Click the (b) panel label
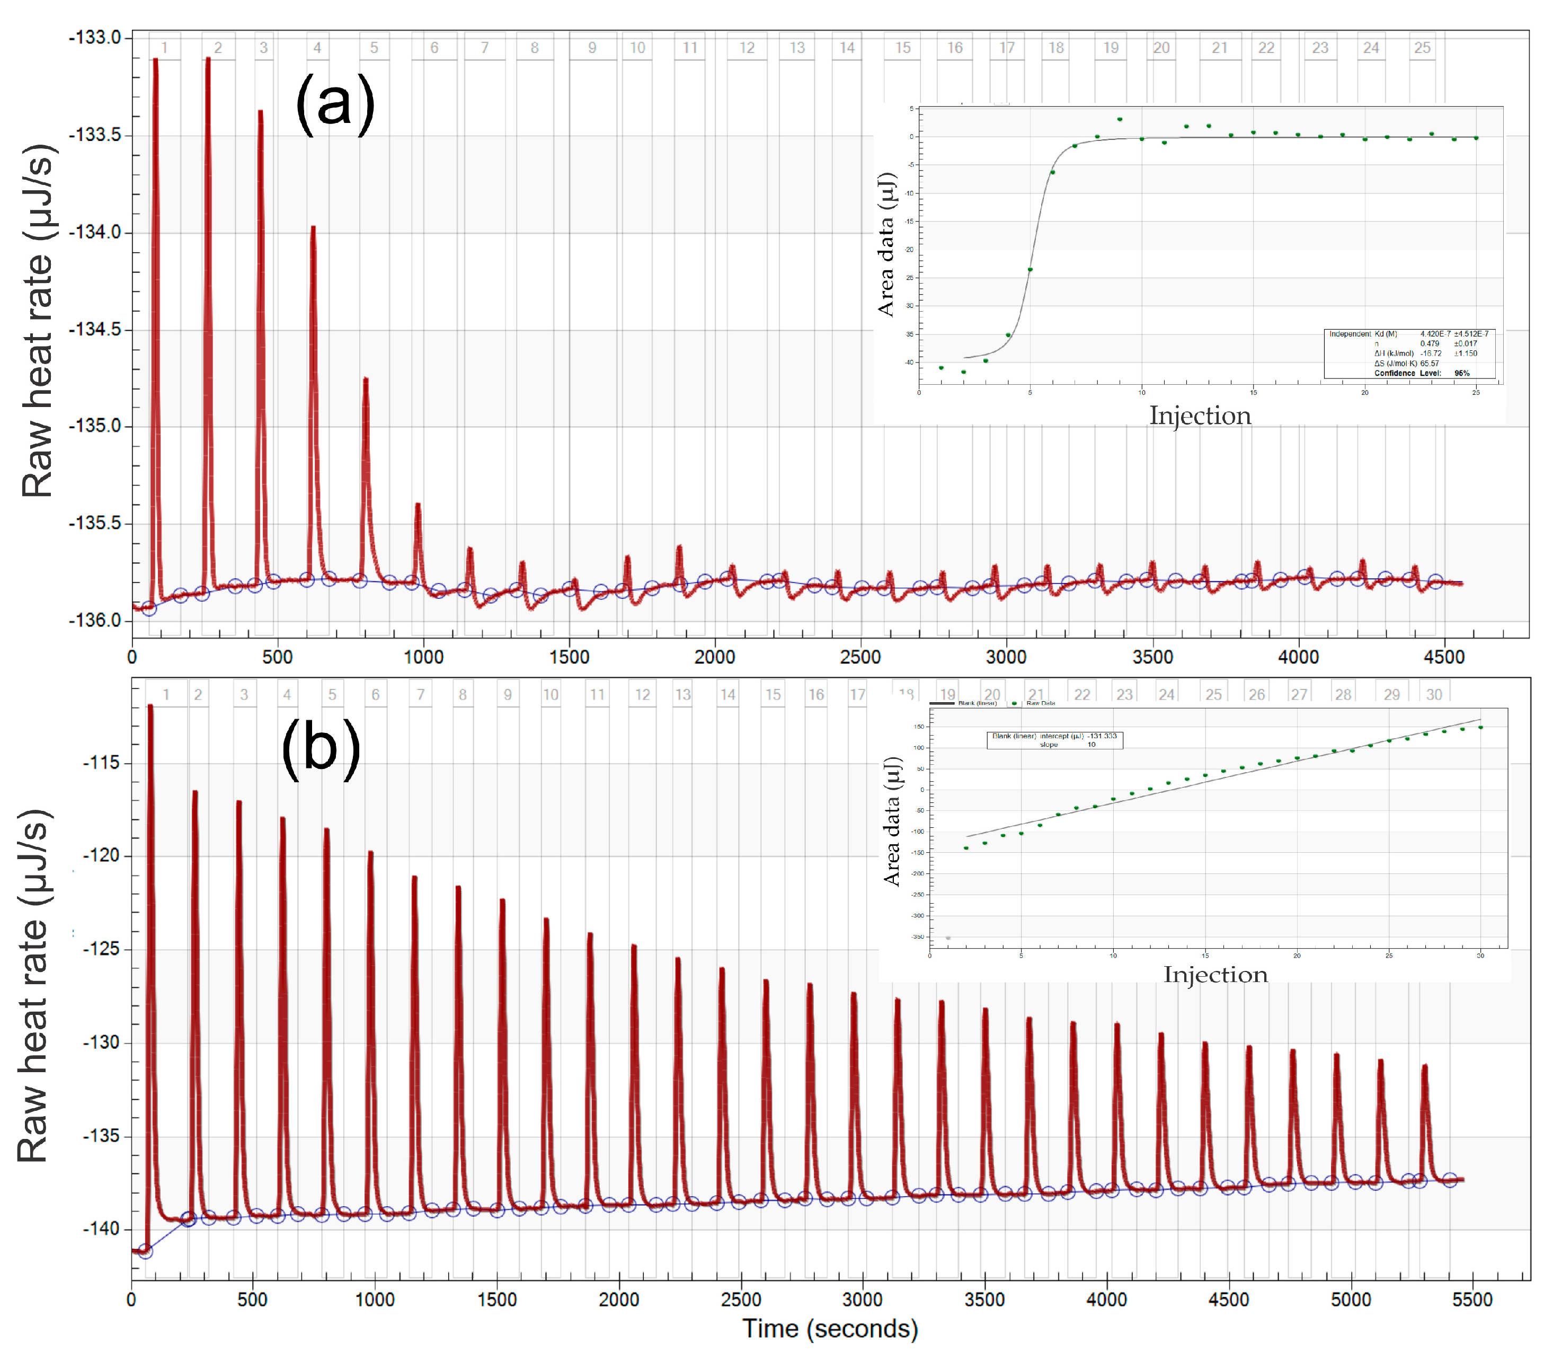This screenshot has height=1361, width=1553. [x=321, y=748]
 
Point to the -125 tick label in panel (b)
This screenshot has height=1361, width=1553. [x=101, y=949]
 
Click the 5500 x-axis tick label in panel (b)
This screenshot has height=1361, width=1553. [x=1472, y=1300]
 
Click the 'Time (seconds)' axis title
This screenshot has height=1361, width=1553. [x=830, y=1329]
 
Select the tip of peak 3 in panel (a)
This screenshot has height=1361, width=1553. [x=261, y=112]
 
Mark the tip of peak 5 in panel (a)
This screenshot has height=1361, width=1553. [x=365, y=379]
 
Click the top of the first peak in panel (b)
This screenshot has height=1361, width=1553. [x=150, y=706]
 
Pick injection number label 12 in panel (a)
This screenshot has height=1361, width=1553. [x=747, y=48]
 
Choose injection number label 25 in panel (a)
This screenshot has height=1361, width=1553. [x=1422, y=48]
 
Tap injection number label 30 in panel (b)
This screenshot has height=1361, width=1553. [x=1434, y=694]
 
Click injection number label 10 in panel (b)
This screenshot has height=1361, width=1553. [x=551, y=694]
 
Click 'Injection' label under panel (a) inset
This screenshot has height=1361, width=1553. [x=1200, y=416]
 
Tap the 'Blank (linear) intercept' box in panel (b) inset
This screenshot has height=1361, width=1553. [x=1054, y=740]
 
